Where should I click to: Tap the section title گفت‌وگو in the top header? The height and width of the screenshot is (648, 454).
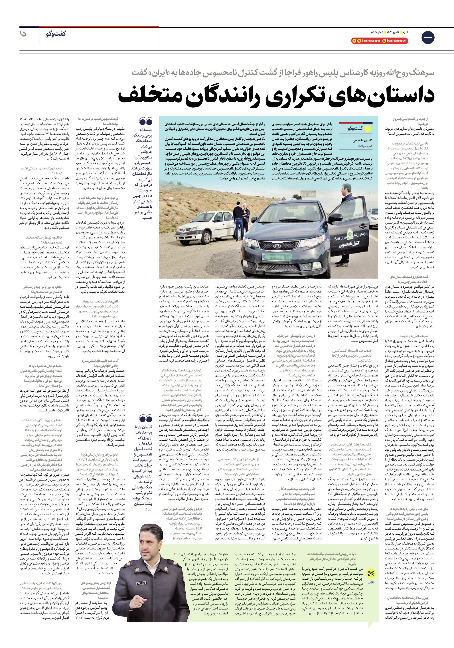pos(56,34)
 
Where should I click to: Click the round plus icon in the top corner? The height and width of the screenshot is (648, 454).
pos(428,38)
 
